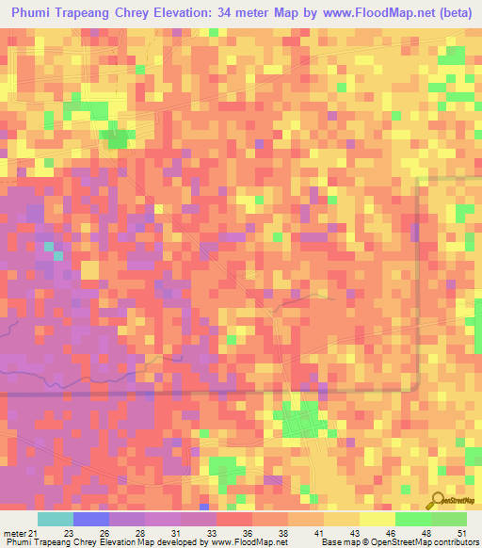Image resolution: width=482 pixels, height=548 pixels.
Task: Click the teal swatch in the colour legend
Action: [56, 519]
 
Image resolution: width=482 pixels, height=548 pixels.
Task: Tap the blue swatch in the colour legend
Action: [91, 519]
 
